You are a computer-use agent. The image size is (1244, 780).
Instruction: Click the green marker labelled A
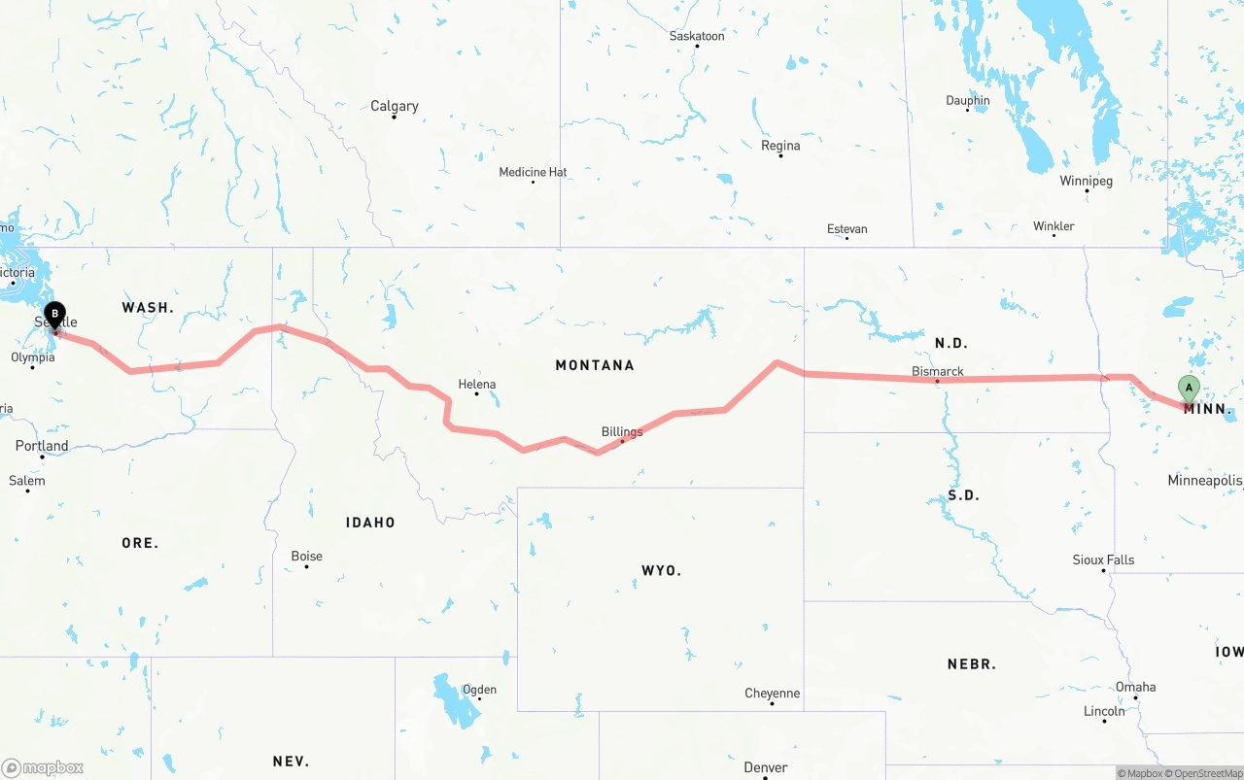[1188, 389]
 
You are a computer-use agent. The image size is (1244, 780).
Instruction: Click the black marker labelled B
[55, 315]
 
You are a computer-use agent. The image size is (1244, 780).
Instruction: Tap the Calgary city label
[395, 106]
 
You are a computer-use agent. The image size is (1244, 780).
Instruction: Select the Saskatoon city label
[697, 36]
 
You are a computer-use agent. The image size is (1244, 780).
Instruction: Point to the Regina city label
[780, 146]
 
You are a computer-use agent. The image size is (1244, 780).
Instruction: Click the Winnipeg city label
[1086, 181]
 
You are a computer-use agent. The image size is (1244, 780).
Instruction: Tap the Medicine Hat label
[533, 172]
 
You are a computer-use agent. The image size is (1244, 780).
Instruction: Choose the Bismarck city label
[938, 371]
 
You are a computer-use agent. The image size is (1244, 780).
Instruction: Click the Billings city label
[622, 431]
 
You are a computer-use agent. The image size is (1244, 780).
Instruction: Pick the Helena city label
[476, 385]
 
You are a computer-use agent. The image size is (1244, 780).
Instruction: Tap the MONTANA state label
[595, 365]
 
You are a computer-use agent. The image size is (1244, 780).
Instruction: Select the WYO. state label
[661, 570]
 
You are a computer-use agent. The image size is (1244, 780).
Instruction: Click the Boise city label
[306, 556]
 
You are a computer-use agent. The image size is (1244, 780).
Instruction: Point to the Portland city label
[42, 446]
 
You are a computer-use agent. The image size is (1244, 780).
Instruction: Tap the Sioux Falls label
[1103, 560]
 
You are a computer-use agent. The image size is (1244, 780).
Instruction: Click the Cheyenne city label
[773, 693]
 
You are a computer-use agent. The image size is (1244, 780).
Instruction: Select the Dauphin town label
[968, 100]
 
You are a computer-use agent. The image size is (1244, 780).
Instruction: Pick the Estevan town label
[847, 229]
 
